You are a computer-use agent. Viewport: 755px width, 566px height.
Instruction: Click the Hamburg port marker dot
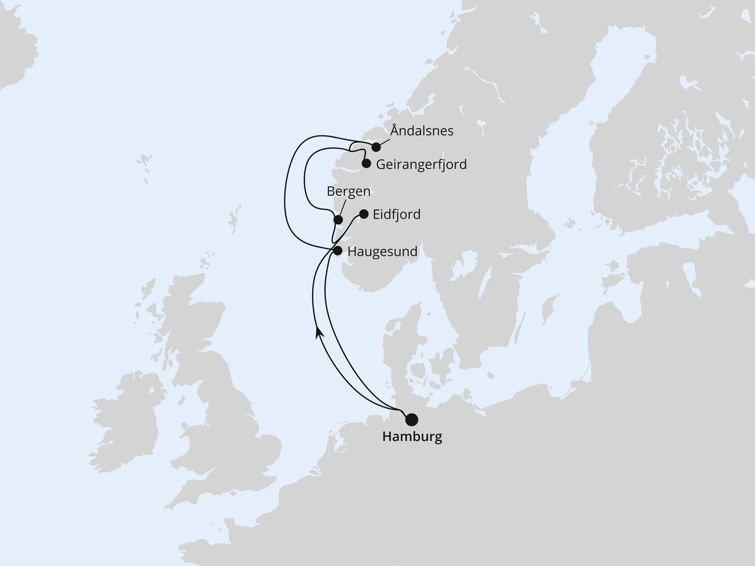pos(412,419)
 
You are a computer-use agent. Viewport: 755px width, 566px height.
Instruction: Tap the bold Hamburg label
pos(412,437)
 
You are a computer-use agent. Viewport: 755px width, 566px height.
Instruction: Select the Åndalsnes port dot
pos(376,147)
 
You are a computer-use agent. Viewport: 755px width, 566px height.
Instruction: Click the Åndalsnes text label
pos(422,131)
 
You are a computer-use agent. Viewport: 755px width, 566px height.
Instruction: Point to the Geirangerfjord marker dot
pos(366,164)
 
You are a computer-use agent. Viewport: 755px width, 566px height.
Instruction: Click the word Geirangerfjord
pos(421,164)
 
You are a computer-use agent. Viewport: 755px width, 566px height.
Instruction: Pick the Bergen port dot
pos(338,220)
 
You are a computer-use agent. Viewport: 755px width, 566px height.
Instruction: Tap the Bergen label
pos(349,191)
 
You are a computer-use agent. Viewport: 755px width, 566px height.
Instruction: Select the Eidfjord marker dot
pos(363,214)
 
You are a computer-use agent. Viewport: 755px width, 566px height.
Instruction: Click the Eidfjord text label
pos(396,214)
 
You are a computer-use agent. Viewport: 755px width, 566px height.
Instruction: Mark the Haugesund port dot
pos(337,251)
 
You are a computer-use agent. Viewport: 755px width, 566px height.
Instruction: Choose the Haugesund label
pos(382,251)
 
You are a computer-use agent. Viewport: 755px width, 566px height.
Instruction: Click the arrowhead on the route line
pos(319,333)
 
